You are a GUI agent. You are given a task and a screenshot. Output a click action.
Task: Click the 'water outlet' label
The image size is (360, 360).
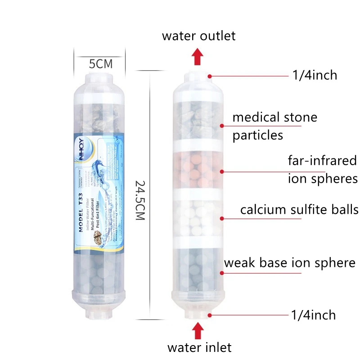click(x=198, y=36)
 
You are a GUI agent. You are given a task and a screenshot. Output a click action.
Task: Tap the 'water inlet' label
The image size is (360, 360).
click(x=199, y=347)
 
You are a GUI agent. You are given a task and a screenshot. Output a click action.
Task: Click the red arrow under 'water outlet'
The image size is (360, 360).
click(x=197, y=57)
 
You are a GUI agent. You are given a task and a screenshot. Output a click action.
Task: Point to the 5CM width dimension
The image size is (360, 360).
click(x=100, y=63)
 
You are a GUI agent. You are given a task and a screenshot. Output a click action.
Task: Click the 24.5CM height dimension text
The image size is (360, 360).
click(x=140, y=200)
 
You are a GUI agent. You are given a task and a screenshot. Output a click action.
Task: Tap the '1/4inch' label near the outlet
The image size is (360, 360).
click(x=315, y=75)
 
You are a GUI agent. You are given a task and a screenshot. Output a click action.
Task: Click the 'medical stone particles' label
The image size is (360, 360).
click(x=275, y=126)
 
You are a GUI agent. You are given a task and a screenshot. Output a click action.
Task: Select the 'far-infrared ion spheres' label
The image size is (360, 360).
click(x=322, y=169)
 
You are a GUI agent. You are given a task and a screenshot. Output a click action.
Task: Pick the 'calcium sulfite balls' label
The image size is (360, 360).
click(x=299, y=210)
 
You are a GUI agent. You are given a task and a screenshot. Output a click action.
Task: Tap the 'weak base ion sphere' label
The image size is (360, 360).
click(x=289, y=262)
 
